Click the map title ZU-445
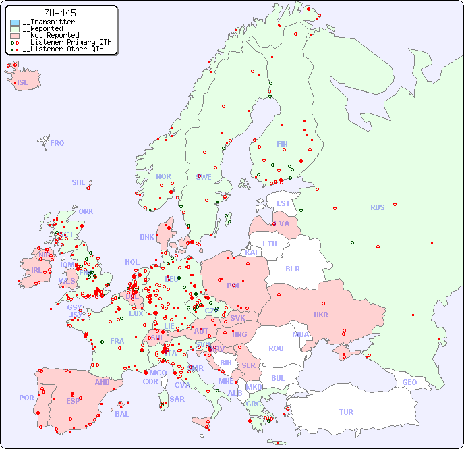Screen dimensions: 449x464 coord(59,13)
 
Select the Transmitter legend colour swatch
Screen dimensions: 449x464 coord(15,22)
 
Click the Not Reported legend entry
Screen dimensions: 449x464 coord(51,35)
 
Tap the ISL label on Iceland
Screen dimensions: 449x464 coord(23,83)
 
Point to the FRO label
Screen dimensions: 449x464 coord(57,143)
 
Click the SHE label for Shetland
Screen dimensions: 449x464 coord(78,182)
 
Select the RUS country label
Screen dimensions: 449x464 coord(377,207)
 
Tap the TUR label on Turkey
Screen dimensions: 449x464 coord(346,412)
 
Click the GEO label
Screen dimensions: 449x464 coord(409,382)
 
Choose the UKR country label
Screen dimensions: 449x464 coord(320,315)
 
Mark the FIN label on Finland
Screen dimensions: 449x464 coord(282,144)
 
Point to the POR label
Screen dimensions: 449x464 coord(26,398)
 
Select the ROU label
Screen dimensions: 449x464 coord(276,348)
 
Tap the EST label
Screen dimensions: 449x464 coord(283,203)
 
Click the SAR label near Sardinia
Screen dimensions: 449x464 coord(177,399)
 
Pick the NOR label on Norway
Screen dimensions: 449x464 coord(163,176)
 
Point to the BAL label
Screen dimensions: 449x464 coord(121,414)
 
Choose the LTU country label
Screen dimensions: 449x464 coord(270,244)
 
